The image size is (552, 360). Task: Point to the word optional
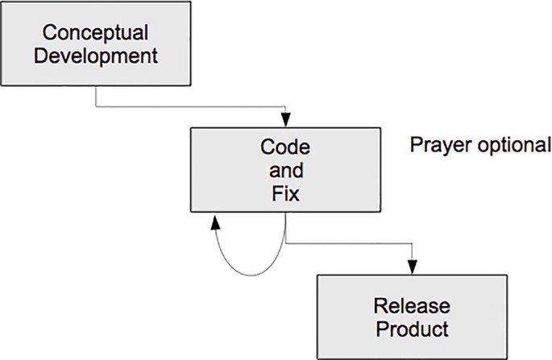(x=509, y=146)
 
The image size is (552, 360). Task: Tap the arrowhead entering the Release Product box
(x=413, y=269)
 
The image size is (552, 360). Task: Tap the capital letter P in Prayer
(x=415, y=146)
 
